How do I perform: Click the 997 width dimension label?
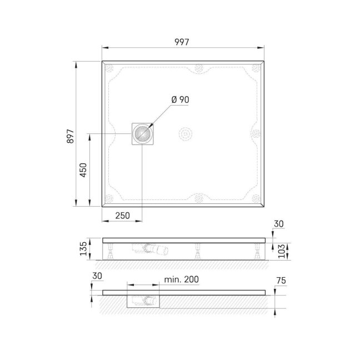(182, 42)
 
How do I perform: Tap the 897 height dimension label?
(71, 136)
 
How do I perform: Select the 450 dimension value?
(83, 170)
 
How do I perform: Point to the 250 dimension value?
(122, 216)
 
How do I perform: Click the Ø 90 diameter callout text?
(180, 99)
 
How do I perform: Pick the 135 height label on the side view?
(83, 249)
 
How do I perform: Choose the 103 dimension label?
(282, 251)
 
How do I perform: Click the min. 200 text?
(181, 279)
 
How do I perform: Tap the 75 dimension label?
(281, 281)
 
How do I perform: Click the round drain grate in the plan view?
(142, 134)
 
